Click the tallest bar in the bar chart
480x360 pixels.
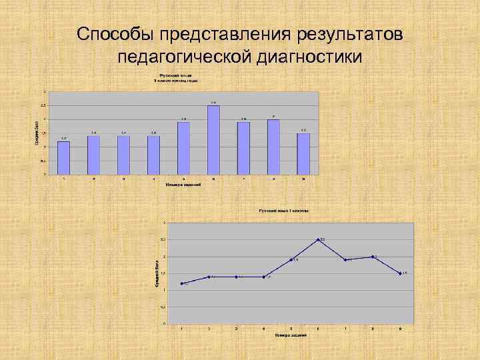point(213,140)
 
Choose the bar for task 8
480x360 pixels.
point(273,147)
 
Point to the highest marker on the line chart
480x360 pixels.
point(318,239)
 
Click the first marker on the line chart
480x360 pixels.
point(182,283)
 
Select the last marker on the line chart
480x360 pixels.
point(400,273)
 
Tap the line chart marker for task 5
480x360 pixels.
point(291,259)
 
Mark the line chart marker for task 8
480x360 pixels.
point(373,257)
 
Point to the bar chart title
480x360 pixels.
point(177,78)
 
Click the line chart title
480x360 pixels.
point(284,211)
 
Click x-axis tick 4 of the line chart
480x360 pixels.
point(264,329)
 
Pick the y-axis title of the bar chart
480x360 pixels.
point(37,133)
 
